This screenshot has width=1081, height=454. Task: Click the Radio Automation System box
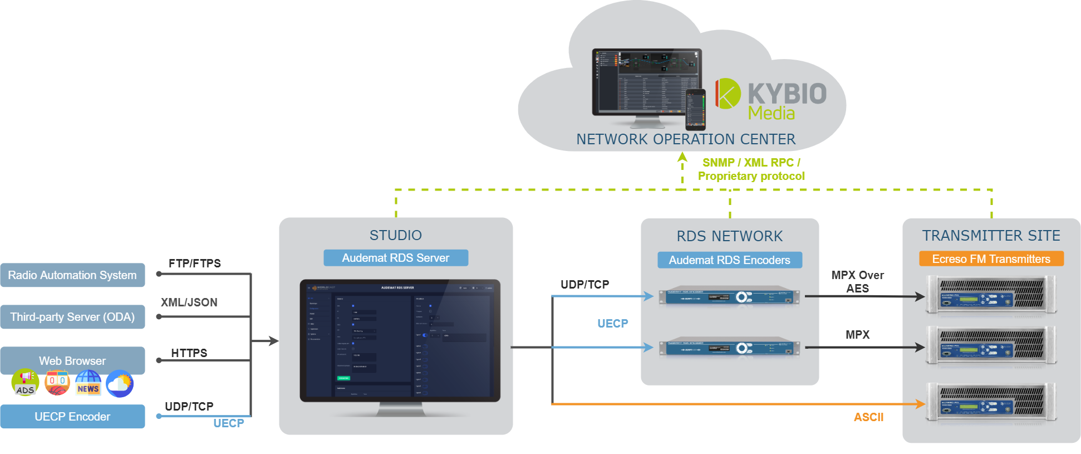(72, 275)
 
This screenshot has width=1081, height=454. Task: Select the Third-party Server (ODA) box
(72, 317)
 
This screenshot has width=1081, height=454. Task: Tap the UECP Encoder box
(72, 417)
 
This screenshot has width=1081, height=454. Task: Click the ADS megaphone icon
(25, 383)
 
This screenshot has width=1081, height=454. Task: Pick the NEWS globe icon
(88, 383)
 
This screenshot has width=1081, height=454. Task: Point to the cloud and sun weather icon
(120, 383)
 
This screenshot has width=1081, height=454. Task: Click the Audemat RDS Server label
(395, 258)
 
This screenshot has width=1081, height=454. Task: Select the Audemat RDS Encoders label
(729, 260)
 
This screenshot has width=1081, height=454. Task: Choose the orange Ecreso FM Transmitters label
(991, 259)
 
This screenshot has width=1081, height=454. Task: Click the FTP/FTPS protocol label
(195, 263)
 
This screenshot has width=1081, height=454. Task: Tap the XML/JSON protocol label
(189, 302)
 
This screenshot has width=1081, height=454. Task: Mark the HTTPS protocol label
(189, 353)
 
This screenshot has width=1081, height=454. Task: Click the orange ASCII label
(868, 417)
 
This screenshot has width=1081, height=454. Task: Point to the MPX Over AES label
(857, 282)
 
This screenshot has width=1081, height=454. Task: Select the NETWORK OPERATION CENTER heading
(686, 139)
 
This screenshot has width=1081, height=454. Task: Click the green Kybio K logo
(728, 93)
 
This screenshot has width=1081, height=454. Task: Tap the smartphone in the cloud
(695, 109)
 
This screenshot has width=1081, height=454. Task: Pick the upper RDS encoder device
(729, 296)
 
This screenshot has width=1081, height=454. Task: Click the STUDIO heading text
(396, 236)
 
